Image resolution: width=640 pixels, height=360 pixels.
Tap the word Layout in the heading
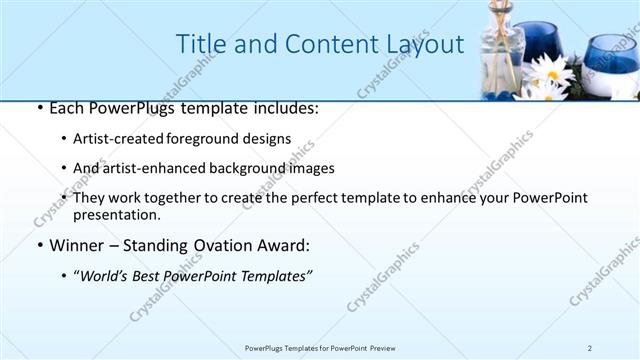coord(420,44)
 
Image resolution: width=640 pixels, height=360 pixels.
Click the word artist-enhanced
coord(152,168)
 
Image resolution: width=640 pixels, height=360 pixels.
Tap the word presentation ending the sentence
coord(115,214)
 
